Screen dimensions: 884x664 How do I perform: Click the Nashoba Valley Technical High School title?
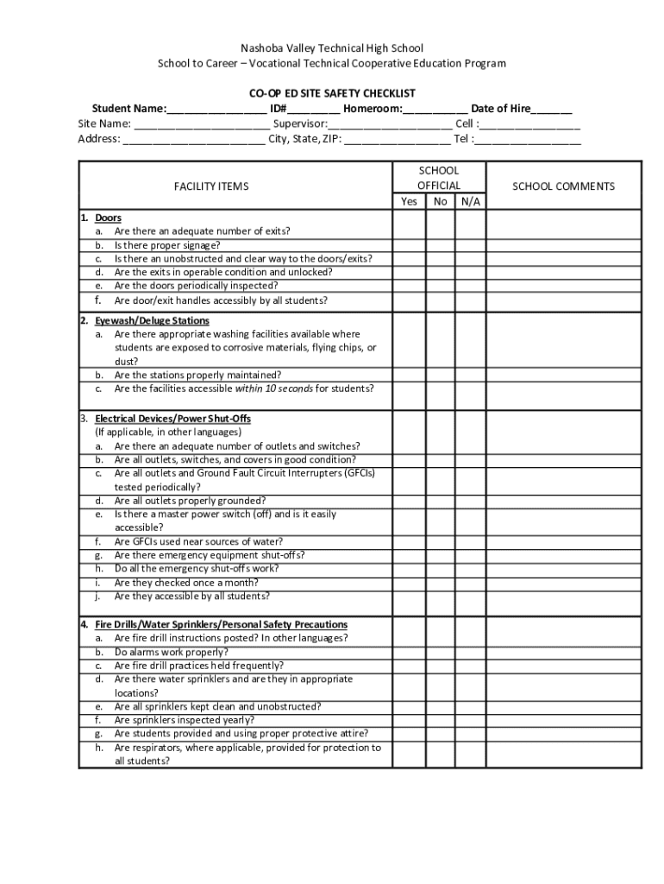pos(331,48)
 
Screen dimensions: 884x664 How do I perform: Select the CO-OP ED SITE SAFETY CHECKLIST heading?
pos(332,93)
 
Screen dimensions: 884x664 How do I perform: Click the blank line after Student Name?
pos(216,110)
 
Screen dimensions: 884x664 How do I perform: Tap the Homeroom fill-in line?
pos(435,110)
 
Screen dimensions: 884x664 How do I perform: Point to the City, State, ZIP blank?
pos(397,139)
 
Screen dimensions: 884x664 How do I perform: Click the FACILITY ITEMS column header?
pos(211,186)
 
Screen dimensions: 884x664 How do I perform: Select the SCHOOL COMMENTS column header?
pos(564,186)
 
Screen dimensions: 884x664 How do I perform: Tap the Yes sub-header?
pos(409,202)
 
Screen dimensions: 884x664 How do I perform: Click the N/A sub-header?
pos(470,202)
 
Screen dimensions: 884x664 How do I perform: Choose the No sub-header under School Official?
pos(440,202)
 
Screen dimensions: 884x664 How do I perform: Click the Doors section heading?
pos(108,218)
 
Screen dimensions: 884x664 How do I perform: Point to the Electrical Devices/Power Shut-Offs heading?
pos(172,419)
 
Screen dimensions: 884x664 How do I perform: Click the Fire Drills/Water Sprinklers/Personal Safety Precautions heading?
pos(221,624)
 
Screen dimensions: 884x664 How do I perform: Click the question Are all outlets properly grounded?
pos(190,501)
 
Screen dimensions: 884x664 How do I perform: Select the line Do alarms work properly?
pos(172,652)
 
